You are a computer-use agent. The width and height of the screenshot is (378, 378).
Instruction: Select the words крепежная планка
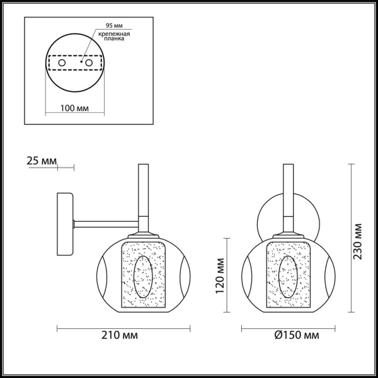click(x=117, y=35)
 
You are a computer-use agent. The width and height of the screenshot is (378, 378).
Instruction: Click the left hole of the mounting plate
click(x=61, y=63)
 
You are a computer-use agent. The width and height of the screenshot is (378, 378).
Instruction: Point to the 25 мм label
click(x=42, y=162)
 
